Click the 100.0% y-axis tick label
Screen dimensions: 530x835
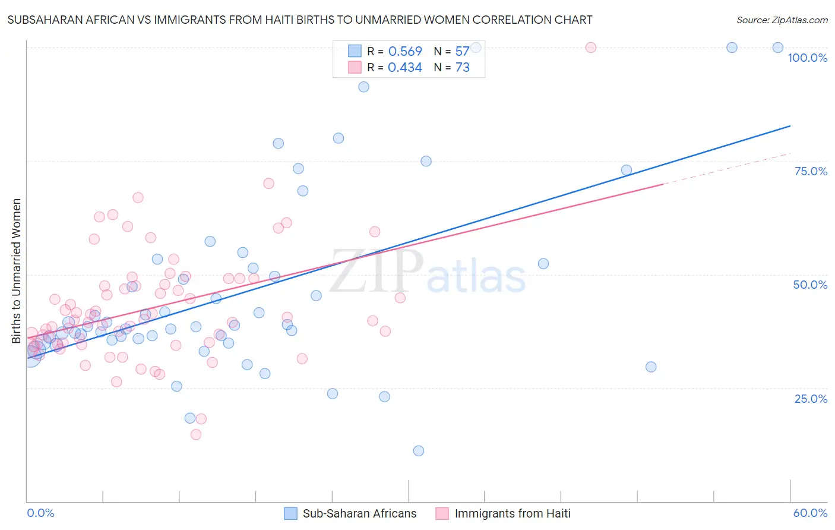pyautogui.click(x=807, y=58)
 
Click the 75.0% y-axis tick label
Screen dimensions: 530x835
pyautogui.click(x=811, y=171)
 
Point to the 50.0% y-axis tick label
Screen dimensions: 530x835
pyautogui.click(x=810, y=285)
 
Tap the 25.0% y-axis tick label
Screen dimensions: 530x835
pyautogui.click(x=811, y=399)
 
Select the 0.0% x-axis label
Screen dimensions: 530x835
pyautogui.click(x=40, y=513)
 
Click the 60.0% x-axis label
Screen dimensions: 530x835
pyautogui.click(x=810, y=513)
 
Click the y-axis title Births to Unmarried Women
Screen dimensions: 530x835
pyautogui.click(x=17, y=271)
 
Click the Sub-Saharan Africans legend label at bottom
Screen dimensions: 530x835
pyautogui.click(x=359, y=513)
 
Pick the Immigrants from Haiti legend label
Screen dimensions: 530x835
pyautogui.click(x=512, y=513)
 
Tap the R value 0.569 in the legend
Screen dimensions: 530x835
pyautogui.click(x=405, y=51)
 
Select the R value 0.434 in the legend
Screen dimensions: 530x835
pyautogui.click(x=405, y=68)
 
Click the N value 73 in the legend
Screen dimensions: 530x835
pyautogui.click(x=463, y=68)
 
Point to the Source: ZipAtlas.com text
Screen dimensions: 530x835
pyautogui.click(x=782, y=20)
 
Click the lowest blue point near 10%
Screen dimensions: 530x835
pyautogui.click(x=419, y=451)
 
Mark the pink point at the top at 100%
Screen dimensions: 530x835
pyautogui.click(x=590, y=48)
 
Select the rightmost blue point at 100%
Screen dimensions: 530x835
pyautogui.click(x=777, y=48)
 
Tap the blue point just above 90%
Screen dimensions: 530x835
pyautogui.click(x=363, y=87)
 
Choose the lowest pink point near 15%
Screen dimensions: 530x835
pyautogui.click(x=196, y=434)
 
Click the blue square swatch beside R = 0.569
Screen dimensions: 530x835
pyautogui.click(x=355, y=51)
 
